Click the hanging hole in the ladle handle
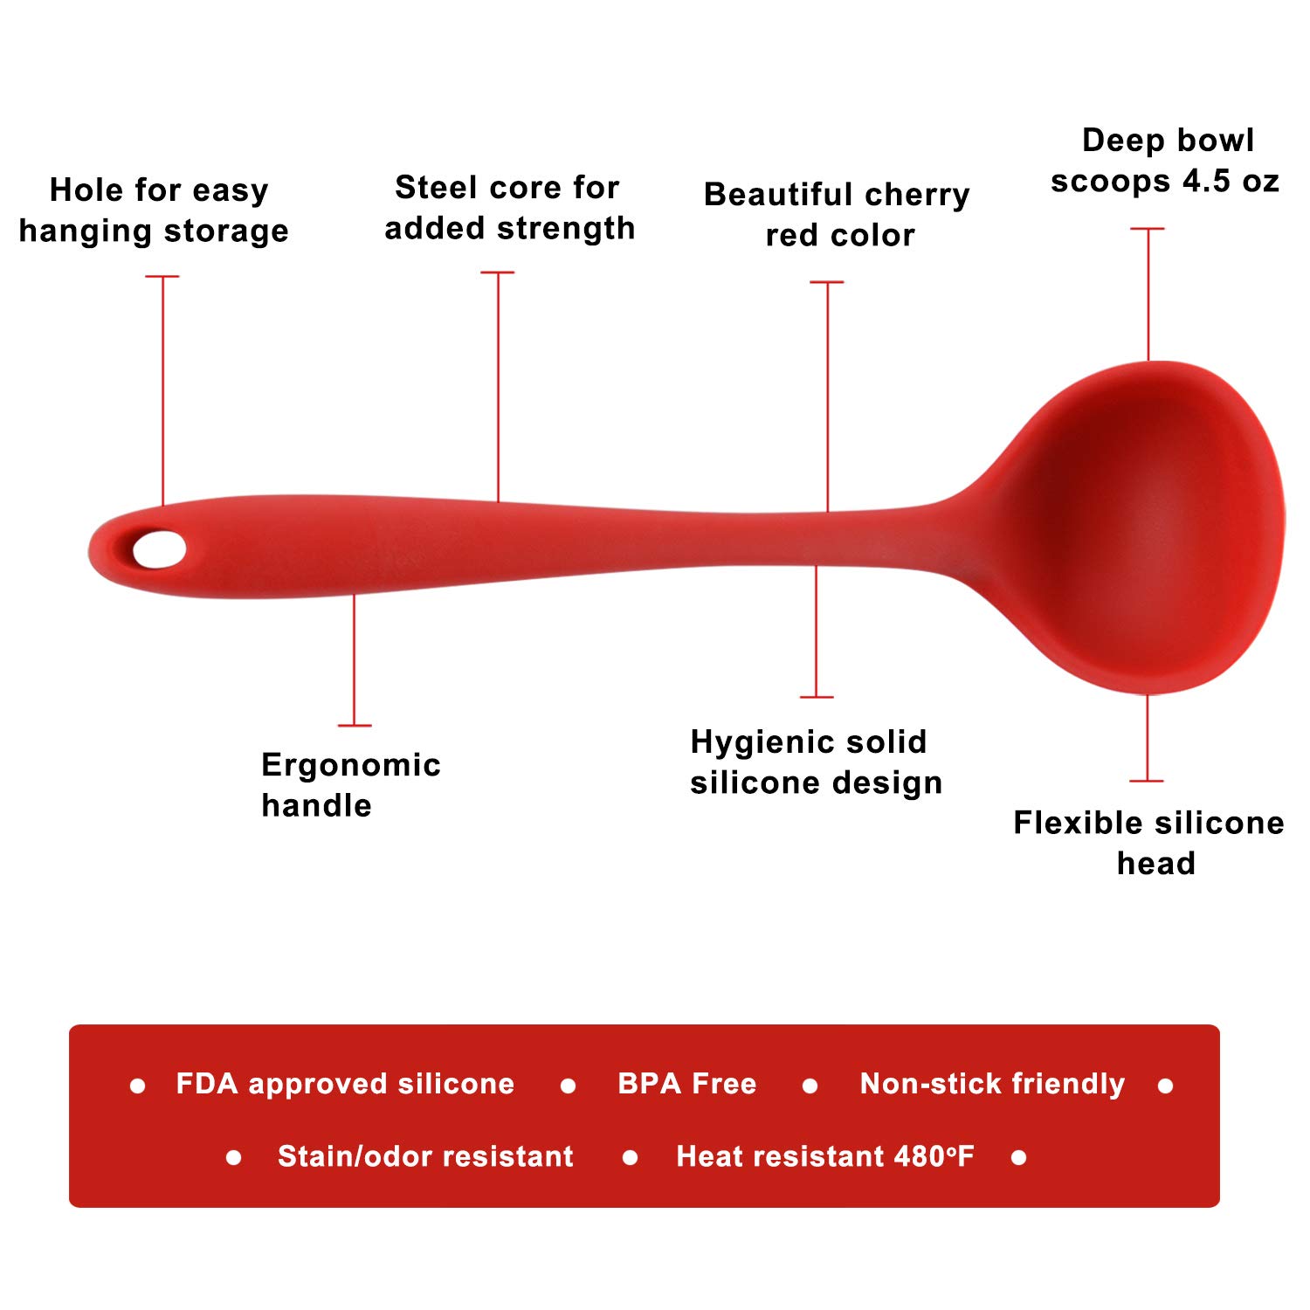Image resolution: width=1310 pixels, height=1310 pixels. point(159,549)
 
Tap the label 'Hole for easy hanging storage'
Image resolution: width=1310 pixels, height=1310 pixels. point(155,210)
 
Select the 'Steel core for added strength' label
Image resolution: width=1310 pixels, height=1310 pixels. point(509,208)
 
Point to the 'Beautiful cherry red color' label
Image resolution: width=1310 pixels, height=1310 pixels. point(837,215)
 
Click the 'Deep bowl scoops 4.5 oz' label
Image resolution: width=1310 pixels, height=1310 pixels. point(1165,161)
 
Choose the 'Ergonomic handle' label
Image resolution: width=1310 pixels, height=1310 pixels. point(351,784)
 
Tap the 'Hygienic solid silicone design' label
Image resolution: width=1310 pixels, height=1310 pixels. point(817,762)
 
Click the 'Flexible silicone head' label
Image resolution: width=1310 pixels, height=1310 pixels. point(1148,843)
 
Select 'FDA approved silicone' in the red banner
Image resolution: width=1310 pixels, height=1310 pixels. point(345,1084)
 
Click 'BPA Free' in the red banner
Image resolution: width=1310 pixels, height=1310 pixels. point(686,1084)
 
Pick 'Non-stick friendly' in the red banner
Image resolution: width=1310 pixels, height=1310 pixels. point(992,1084)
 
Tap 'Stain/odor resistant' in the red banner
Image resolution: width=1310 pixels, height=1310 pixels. point(425,1156)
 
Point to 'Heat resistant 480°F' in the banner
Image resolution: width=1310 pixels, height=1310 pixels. point(825,1156)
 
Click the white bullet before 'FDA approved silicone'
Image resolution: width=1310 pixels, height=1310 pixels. point(137,1086)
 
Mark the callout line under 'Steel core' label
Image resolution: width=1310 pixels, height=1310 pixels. point(498,387)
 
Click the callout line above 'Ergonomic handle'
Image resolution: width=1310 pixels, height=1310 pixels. point(354,660)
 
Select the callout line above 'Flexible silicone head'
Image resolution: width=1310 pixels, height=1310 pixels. point(1147,738)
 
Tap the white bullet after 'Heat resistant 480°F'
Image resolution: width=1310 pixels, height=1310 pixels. point(1018,1158)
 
